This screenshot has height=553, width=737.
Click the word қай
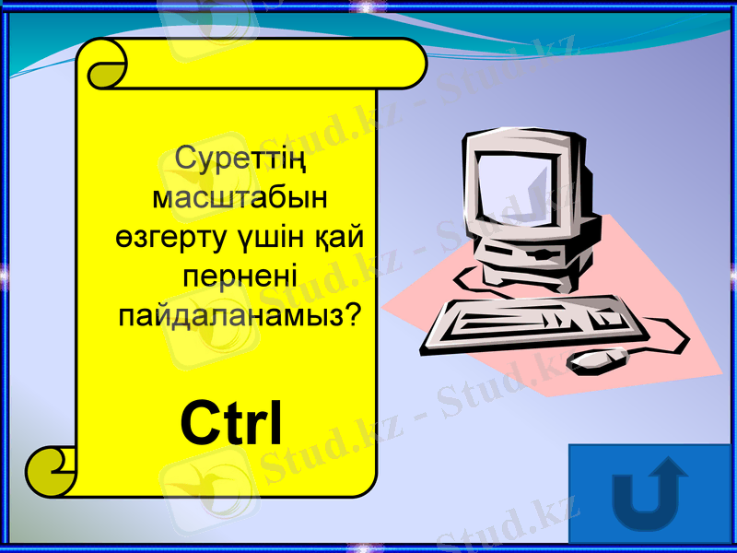click(338, 237)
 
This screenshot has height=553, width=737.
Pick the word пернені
click(240, 276)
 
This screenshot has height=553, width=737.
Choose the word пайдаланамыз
click(229, 315)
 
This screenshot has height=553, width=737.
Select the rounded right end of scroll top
click(410, 64)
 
